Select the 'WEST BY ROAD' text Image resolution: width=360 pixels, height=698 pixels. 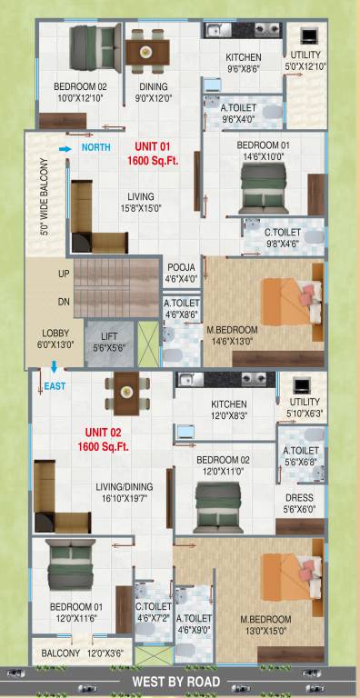pos(176,681)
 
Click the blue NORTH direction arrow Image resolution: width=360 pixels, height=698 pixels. pos(65,146)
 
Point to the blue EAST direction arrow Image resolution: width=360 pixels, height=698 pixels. pos(55,367)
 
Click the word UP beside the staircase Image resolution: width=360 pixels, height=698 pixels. pos(64,274)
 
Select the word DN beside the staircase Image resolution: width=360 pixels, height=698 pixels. pos(64,301)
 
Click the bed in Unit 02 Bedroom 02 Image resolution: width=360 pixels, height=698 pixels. pos(218,499)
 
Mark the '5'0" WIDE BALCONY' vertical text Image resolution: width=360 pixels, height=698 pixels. pos(45,196)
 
